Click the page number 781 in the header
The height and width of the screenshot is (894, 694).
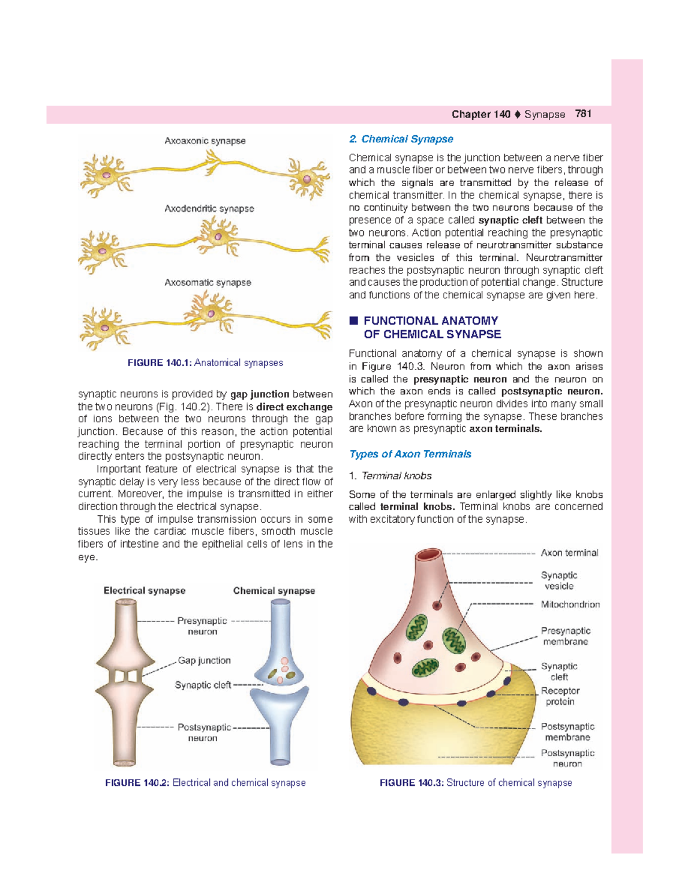pyautogui.click(x=583, y=114)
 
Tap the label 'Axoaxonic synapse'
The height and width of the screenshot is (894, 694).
pyautogui.click(x=205, y=141)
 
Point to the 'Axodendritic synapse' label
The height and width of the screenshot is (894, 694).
pyautogui.click(x=209, y=208)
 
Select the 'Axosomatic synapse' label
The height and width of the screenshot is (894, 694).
pyautogui.click(x=208, y=282)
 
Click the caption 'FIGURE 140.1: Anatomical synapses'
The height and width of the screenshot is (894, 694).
pyautogui.click(x=205, y=363)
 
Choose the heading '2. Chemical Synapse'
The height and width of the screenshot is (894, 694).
pyautogui.click(x=401, y=139)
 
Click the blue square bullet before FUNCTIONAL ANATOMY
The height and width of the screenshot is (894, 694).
pyautogui.click(x=353, y=320)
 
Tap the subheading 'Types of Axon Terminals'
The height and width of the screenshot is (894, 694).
pyautogui.click(x=410, y=454)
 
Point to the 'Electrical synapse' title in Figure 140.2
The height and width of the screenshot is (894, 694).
pyautogui.click(x=145, y=590)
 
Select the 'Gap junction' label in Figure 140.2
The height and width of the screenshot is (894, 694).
pyautogui.click(x=204, y=660)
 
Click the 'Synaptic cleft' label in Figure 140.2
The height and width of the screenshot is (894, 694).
pyautogui.click(x=203, y=685)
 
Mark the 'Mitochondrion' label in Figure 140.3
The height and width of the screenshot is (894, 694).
pyautogui.click(x=570, y=604)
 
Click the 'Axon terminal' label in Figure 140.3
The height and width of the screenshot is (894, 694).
pyautogui.click(x=570, y=553)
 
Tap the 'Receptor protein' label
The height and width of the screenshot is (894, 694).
pyautogui.click(x=560, y=696)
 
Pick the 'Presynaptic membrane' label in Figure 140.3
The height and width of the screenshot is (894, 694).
pyautogui.click(x=566, y=636)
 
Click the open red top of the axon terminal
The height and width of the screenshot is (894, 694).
pyautogui.click(x=429, y=555)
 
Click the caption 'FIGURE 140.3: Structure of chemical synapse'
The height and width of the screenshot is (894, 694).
pyautogui.click(x=475, y=782)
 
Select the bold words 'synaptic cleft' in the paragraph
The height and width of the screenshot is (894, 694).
pyautogui.click(x=511, y=220)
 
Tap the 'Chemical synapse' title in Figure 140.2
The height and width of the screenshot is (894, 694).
pyautogui.click(x=274, y=590)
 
